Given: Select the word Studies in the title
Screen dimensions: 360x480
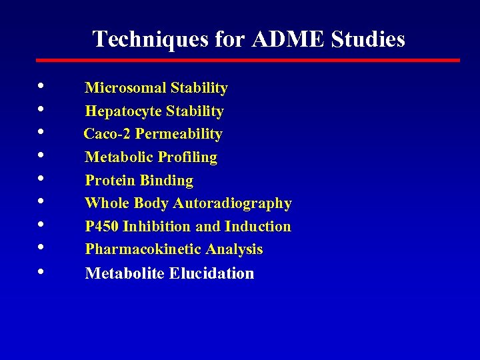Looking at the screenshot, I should (x=367, y=39).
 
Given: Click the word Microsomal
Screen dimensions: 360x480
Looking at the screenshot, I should (x=125, y=88).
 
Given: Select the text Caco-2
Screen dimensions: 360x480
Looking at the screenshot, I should (x=107, y=134).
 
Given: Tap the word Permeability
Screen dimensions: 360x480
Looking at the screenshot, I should (x=179, y=134).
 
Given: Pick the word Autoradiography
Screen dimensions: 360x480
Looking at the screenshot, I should (x=233, y=203).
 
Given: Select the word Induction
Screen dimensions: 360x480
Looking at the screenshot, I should (x=258, y=227).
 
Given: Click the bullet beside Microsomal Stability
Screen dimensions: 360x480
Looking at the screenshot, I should (x=43, y=87).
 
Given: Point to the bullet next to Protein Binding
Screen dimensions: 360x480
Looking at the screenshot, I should (x=43, y=179).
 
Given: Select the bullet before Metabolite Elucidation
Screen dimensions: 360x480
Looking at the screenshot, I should (x=43, y=271).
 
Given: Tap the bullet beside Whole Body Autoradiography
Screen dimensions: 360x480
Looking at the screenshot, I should (x=43, y=202).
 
